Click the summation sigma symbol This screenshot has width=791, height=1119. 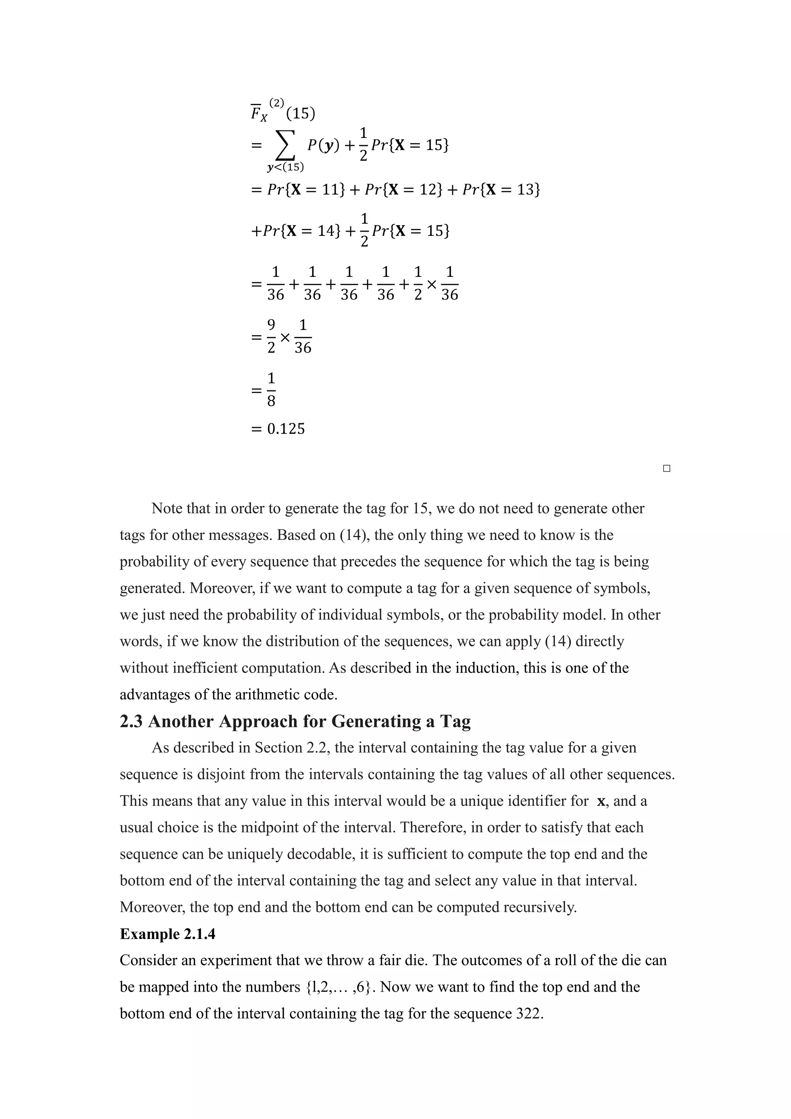[285, 145]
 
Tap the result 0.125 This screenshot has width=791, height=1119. [286, 429]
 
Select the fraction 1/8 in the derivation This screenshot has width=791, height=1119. [272, 389]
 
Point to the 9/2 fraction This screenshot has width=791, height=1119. [272, 336]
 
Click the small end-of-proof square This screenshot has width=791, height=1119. [667, 468]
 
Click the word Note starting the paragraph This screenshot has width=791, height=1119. [167, 508]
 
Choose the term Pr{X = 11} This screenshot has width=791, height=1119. [306, 189]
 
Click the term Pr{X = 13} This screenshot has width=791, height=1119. [501, 189]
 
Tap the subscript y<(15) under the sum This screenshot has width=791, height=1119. [285, 168]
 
